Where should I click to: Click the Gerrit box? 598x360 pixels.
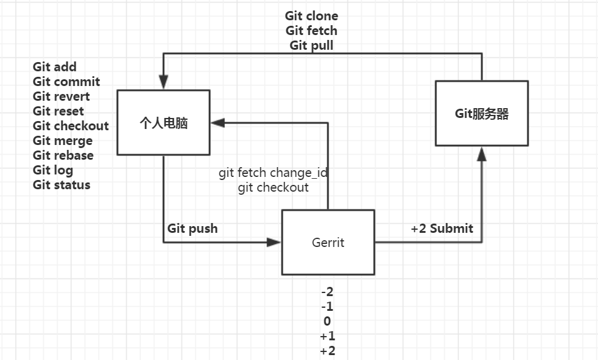click(328, 242)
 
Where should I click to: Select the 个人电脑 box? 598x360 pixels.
click(163, 123)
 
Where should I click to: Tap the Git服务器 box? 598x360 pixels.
click(481, 114)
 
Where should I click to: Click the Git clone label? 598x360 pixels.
click(312, 15)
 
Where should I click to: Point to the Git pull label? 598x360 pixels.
click(312, 45)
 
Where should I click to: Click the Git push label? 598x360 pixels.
click(192, 229)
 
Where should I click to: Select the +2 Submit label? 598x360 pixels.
click(442, 229)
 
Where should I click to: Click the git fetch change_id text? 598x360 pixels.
click(273, 173)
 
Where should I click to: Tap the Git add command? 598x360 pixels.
click(55, 67)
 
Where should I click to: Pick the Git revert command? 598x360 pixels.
click(61, 96)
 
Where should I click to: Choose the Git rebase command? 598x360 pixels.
click(63, 155)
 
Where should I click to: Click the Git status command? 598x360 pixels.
click(61, 185)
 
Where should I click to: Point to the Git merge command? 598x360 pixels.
click(63, 141)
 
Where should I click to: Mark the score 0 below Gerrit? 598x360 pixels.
click(327, 321)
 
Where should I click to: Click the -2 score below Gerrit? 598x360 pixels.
click(327, 292)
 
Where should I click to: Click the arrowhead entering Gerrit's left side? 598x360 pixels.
click(274, 243)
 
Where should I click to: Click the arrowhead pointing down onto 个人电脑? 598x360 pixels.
click(163, 82)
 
